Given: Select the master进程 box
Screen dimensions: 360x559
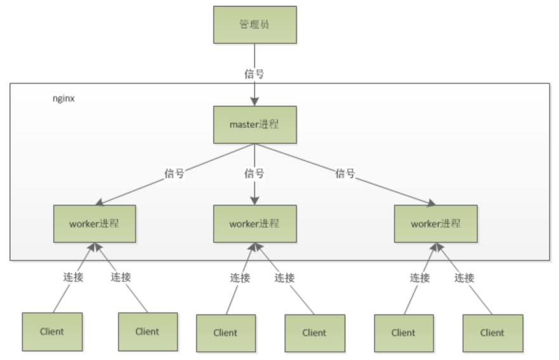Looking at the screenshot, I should (x=254, y=125).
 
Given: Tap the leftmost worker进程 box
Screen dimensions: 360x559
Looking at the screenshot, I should (x=95, y=223).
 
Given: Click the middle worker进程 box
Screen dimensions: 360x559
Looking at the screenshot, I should (x=254, y=224).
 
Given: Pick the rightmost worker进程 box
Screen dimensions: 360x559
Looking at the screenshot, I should (x=435, y=224).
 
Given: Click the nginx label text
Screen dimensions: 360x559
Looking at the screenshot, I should (x=63, y=99).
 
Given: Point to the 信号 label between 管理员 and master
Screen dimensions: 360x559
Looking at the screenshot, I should (x=254, y=74).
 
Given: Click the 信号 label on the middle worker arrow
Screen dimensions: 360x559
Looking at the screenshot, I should (x=254, y=173).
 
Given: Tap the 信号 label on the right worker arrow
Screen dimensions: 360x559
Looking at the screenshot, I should (x=345, y=173).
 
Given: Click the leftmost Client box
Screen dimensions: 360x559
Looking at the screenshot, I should (x=53, y=331).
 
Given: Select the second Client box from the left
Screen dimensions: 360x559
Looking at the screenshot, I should (x=147, y=331).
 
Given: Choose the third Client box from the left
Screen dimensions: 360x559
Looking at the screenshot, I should (x=225, y=332).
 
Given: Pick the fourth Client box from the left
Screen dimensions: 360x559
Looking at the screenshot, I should (x=313, y=332).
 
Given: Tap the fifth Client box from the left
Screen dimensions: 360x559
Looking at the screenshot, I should (x=403, y=332).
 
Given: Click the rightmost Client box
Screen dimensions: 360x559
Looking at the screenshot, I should (x=492, y=332).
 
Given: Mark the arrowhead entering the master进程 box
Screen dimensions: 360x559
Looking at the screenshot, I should (x=254, y=102).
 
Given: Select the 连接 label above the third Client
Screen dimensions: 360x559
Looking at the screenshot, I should (x=239, y=277).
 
